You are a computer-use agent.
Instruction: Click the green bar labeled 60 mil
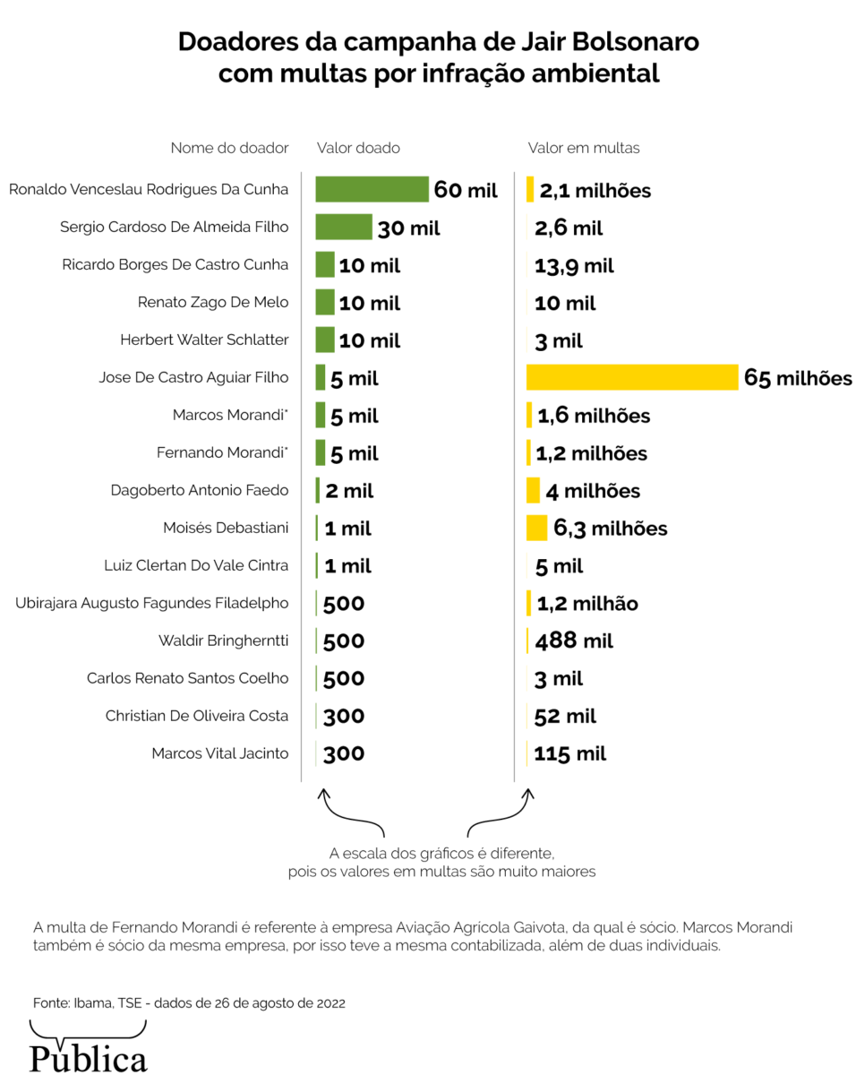click(x=372, y=189)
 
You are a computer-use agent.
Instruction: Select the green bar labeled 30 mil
click(x=344, y=227)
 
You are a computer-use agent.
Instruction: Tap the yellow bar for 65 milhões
click(x=631, y=377)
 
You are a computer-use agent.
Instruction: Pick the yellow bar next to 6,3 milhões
click(x=536, y=528)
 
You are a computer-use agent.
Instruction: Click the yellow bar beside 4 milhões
click(x=533, y=490)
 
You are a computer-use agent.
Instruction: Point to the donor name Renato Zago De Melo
click(x=213, y=303)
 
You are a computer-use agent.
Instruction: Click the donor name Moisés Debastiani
click(x=226, y=528)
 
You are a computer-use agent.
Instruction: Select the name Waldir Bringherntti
click(x=224, y=641)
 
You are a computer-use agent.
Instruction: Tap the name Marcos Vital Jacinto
click(x=220, y=753)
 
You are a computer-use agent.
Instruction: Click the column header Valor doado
click(x=358, y=148)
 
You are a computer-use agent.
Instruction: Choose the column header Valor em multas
click(x=584, y=148)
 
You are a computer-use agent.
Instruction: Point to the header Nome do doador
click(x=230, y=148)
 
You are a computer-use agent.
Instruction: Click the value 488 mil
click(x=574, y=641)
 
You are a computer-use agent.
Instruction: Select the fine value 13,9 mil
click(x=574, y=265)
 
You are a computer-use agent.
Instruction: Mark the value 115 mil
click(x=570, y=753)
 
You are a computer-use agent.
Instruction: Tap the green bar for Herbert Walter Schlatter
click(x=325, y=340)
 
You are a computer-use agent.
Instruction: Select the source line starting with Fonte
click(x=189, y=1002)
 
